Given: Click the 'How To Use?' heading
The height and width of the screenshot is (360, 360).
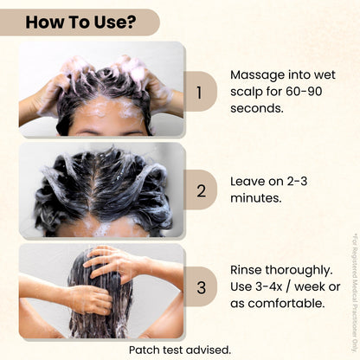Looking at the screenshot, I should point(80,22).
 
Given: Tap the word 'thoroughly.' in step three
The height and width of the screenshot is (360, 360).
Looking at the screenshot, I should point(303,270).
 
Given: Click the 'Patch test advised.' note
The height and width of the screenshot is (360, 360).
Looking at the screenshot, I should point(180,350).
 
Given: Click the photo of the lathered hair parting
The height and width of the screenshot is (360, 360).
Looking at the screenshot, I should point(102,190).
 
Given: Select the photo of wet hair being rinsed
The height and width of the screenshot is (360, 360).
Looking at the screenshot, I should point(102,291).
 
